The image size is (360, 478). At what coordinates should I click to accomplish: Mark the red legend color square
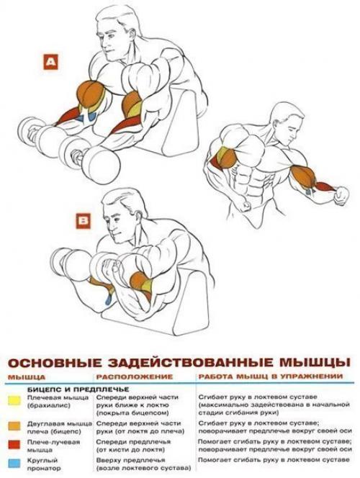(14, 444)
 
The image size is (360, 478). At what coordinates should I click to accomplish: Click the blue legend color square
(14, 459)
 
